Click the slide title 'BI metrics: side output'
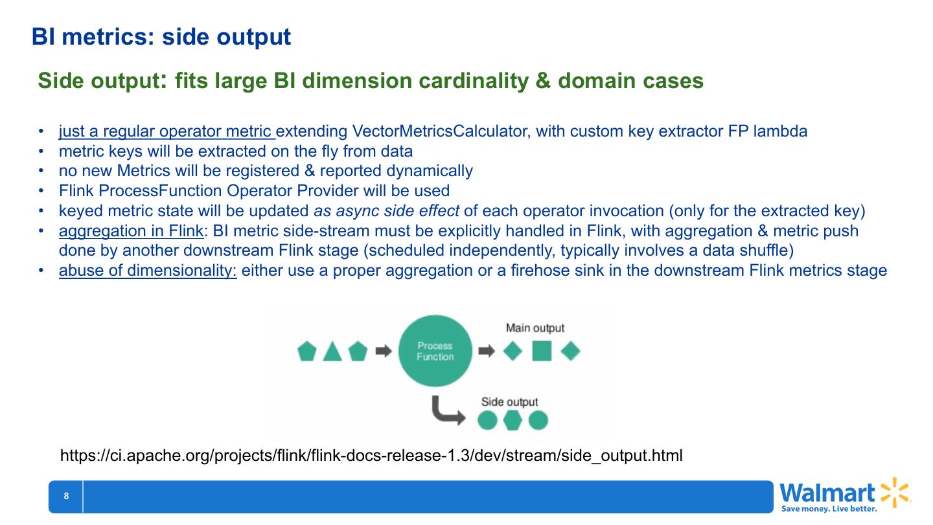161,37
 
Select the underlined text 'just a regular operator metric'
167,131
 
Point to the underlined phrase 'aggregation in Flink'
131,231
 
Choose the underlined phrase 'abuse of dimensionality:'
148,271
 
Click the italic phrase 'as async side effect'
387,211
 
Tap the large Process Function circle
435,352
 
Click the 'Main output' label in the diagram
535,328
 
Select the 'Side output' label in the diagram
509,402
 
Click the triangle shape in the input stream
332,352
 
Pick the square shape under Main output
542,352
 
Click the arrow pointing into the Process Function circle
384,352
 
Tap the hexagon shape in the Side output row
513,421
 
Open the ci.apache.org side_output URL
371,455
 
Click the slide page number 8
66,497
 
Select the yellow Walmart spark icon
895,493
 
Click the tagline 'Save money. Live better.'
829,509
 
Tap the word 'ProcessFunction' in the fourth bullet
154,191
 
